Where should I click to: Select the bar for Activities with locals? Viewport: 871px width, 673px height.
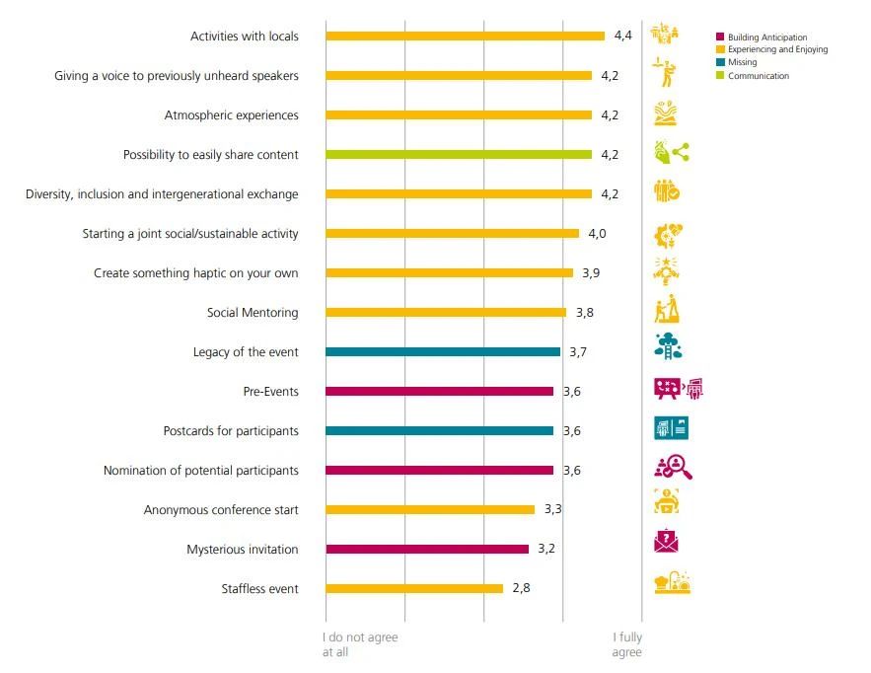[x=465, y=37]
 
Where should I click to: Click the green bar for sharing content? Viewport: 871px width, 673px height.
[x=459, y=155]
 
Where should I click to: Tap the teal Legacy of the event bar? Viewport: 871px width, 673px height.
[x=443, y=352]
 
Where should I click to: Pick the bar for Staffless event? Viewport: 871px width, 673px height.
[x=414, y=589]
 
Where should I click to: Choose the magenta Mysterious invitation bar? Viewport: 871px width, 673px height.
[x=427, y=550]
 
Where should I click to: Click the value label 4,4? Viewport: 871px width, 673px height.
[x=622, y=37]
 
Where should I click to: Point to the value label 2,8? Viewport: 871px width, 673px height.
[x=521, y=589]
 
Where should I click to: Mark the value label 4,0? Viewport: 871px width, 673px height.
[x=597, y=234]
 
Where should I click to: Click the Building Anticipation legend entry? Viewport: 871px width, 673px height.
[x=766, y=37]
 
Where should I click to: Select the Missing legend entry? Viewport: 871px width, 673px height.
[x=743, y=63]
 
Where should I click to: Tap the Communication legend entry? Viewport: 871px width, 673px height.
[x=758, y=76]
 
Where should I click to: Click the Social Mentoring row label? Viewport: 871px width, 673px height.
[x=253, y=313]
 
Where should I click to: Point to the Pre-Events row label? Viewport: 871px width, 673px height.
[x=270, y=392]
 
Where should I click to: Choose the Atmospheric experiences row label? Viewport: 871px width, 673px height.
[x=231, y=115]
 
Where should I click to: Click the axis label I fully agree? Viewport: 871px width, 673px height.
[x=626, y=645]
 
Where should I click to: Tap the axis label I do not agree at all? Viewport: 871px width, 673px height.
[x=360, y=645]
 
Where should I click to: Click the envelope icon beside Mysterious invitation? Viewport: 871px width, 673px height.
[x=668, y=542]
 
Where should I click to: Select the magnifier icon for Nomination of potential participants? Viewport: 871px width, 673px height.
[x=673, y=467]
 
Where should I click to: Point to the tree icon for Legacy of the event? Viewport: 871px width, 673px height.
[x=669, y=346]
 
